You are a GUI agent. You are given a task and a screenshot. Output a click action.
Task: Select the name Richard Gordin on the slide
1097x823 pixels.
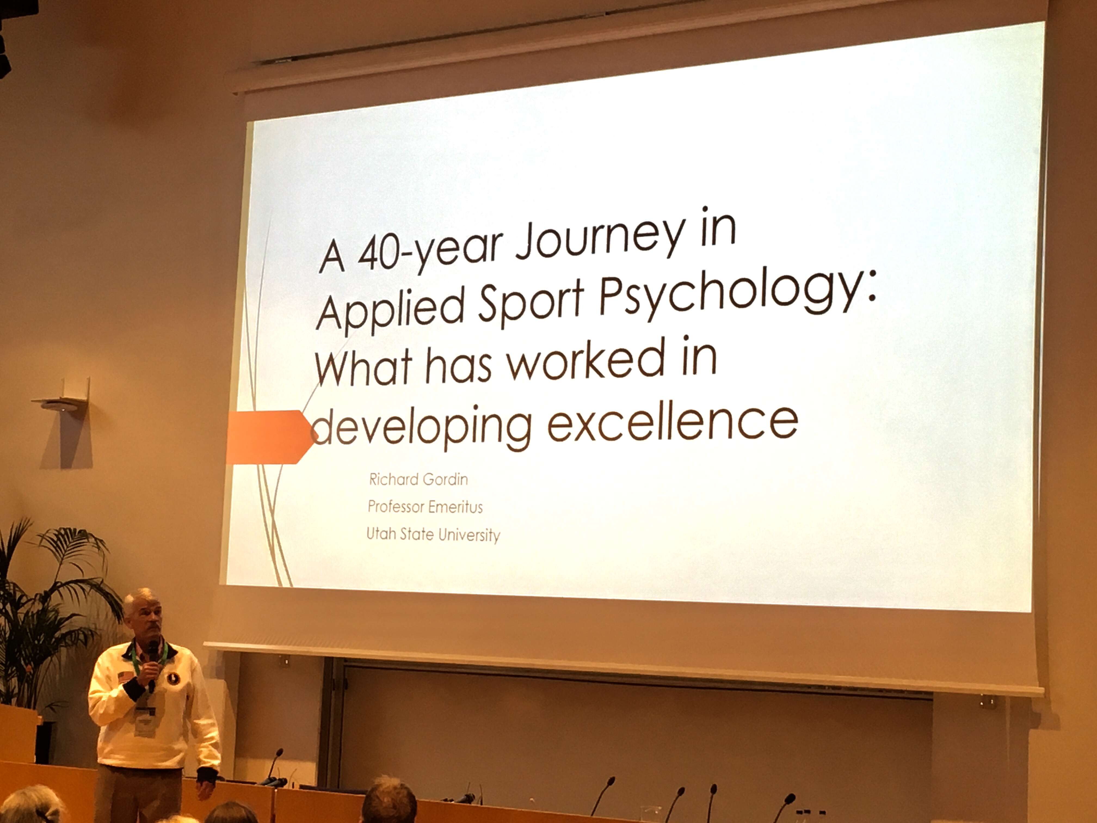pos(418,479)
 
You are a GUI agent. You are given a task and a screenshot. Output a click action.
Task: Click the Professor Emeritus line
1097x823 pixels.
pos(425,506)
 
